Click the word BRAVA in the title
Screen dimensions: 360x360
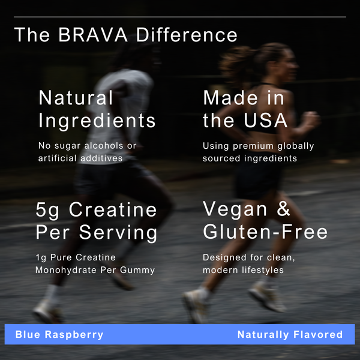(93, 35)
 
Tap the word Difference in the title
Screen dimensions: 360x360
(187, 35)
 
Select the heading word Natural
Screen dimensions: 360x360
(76, 98)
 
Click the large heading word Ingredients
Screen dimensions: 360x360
(97, 121)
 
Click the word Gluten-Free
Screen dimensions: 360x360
(265, 232)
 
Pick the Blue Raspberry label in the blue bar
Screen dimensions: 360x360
(59, 335)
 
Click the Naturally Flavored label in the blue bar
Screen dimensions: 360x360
(290, 335)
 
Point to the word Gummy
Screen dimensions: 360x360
(140, 270)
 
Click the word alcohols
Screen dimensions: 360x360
(103, 146)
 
